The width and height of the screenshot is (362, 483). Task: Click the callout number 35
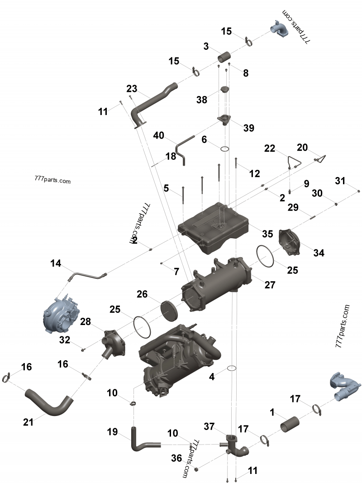[267, 234]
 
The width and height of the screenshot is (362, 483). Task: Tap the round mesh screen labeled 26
[169, 310]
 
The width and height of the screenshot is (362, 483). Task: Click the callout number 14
[55, 263]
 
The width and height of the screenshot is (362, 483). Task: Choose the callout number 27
[270, 285]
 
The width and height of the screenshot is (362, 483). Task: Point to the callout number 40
[159, 135]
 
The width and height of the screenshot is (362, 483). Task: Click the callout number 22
[270, 148]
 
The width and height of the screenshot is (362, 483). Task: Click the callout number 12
[254, 173]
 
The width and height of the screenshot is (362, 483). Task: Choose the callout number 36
[176, 458]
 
